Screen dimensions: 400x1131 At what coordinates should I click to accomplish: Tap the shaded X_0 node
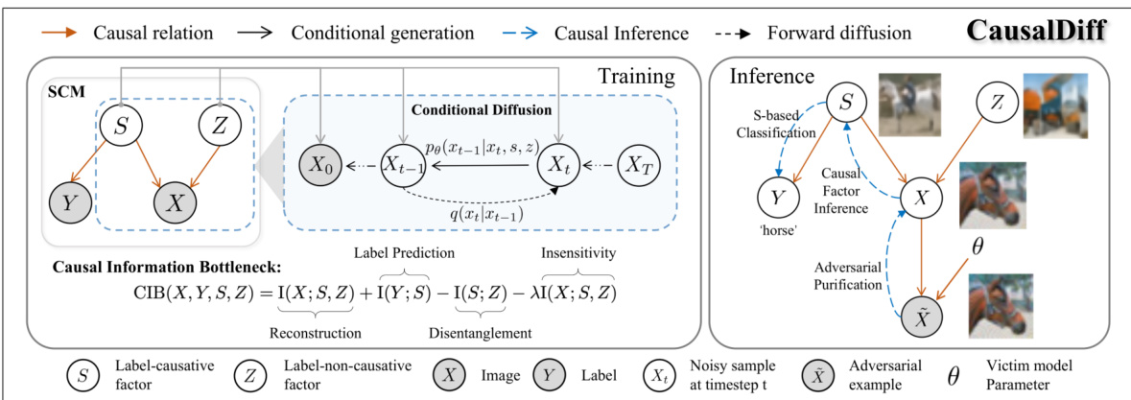tap(322, 165)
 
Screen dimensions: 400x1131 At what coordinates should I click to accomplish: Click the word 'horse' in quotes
tap(777, 231)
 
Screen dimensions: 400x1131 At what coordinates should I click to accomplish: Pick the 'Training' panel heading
tap(637, 74)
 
